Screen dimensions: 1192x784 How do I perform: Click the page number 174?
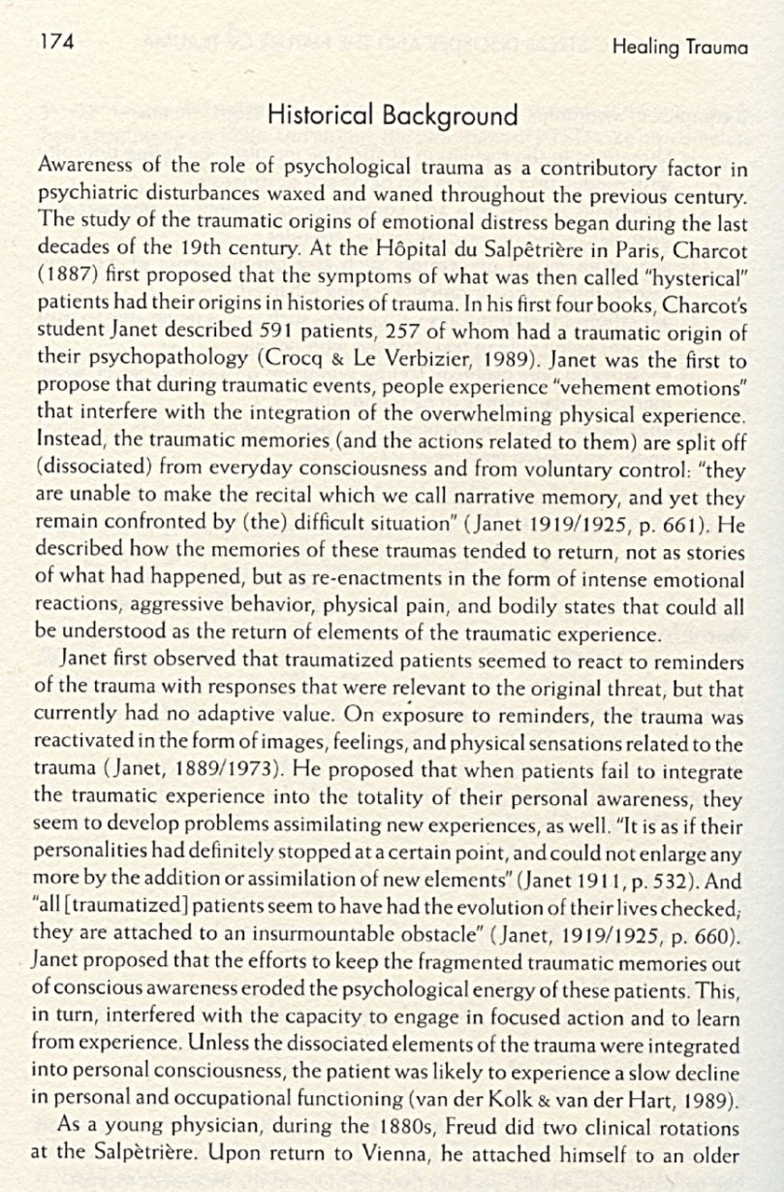(56, 40)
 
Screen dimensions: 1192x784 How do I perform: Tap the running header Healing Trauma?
(679, 48)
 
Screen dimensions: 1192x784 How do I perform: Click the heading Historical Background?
(392, 116)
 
